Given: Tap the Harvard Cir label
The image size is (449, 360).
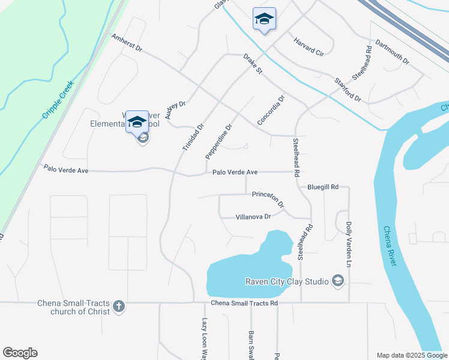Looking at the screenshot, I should [309, 47].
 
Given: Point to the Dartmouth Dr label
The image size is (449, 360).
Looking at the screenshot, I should [391, 53].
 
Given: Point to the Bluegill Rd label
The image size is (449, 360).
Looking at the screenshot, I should [323, 187].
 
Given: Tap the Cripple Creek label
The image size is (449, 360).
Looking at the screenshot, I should [58, 100].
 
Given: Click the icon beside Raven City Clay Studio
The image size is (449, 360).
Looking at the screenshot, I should [338, 281].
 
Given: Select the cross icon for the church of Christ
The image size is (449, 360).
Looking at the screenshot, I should [119, 307].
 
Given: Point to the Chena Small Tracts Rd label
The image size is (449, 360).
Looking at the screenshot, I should [244, 304].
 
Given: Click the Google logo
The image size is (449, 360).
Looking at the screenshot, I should [20, 353].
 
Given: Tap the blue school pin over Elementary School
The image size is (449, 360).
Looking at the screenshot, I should [137, 122].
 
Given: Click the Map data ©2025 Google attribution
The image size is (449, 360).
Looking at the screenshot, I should [411, 355].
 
